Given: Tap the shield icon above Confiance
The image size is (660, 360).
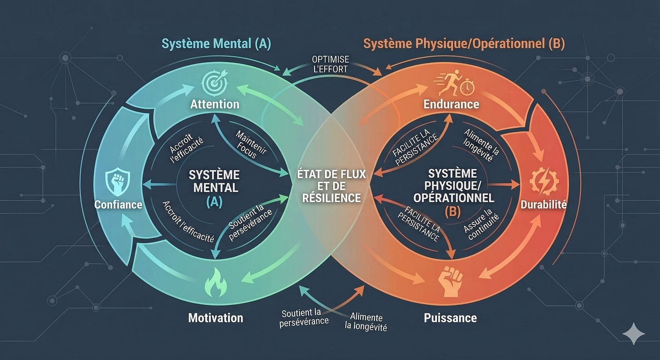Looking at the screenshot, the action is (x=117, y=181).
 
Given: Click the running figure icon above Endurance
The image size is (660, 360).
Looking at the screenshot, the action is (x=448, y=83).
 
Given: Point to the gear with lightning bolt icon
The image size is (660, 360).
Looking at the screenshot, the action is (x=544, y=181).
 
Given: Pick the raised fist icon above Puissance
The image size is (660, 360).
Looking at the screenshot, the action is (x=451, y=281).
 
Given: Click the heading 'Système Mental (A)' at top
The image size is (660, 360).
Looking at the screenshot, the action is (x=216, y=44).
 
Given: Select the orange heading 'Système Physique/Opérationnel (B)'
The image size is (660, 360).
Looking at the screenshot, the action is (x=464, y=44).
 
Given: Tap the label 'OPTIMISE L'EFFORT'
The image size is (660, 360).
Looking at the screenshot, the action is (x=330, y=64).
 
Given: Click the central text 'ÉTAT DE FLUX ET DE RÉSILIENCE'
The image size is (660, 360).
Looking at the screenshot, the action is (x=331, y=186).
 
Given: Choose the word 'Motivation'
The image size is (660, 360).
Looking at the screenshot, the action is (x=216, y=318).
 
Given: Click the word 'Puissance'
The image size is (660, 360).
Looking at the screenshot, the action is (x=450, y=318).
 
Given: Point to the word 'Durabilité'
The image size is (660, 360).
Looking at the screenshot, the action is (x=544, y=204).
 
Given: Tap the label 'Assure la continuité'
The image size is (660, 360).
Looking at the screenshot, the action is (x=481, y=224).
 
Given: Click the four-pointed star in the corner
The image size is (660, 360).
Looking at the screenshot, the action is (x=634, y=334).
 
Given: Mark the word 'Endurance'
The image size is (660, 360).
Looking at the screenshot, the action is (x=451, y=104).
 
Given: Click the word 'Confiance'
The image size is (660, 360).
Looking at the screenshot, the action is (x=118, y=204).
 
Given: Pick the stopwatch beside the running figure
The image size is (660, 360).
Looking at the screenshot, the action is (x=467, y=87).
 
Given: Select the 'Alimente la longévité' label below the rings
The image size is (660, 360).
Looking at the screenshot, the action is (x=366, y=321).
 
